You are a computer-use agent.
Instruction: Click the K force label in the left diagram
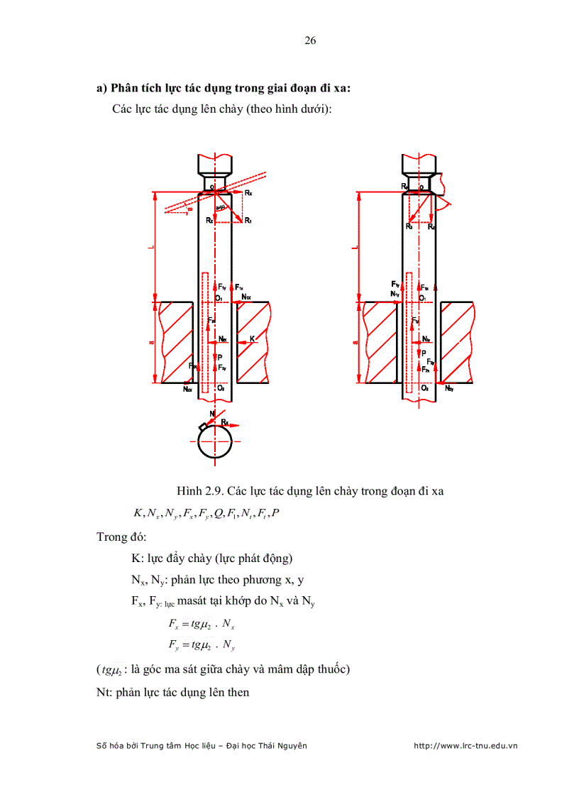pyautogui.click(x=252, y=339)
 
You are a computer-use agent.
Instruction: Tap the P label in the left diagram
pyautogui.click(x=220, y=357)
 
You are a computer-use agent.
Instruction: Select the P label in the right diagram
pyautogui.click(x=424, y=353)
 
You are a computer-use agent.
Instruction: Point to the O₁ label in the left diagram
pyautogui.click(x=220, y=299)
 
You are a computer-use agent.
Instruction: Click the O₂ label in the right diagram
pyautogui.click(x=424, y=388)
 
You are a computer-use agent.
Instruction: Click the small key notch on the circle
pyautogui.click(x=203, y=426)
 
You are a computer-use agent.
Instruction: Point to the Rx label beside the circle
pyautogui.click(x=225, y=422)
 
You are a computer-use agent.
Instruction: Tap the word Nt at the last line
pyautogui.click(x=104, y=691)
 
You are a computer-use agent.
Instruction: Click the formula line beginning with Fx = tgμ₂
pyautogui.click(x=202, y=624)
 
